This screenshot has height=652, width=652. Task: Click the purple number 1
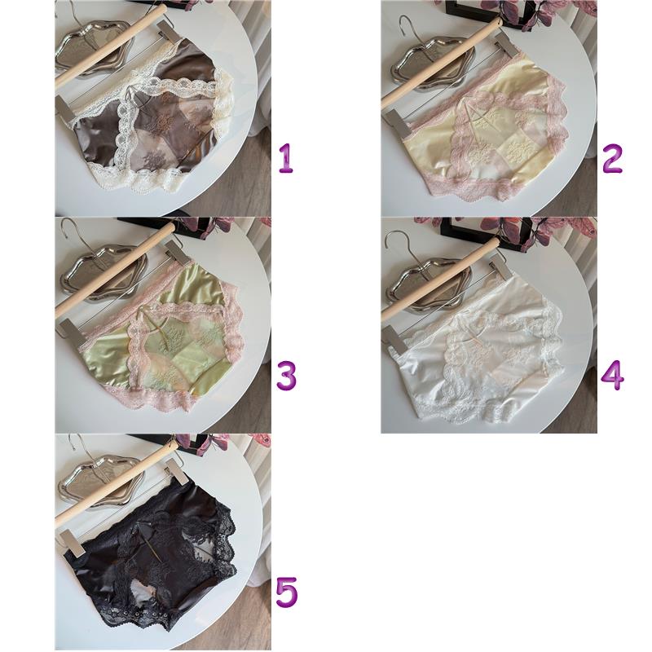(x=286, y=158)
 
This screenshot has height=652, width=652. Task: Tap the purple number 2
(x=612, y=158)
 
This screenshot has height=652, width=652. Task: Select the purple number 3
(x=287, y=376)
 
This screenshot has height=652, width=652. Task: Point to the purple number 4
(x=612, y=375)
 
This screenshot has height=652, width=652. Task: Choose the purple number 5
(x=287, y=593)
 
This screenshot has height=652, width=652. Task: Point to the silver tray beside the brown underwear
(x=95, y=47)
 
